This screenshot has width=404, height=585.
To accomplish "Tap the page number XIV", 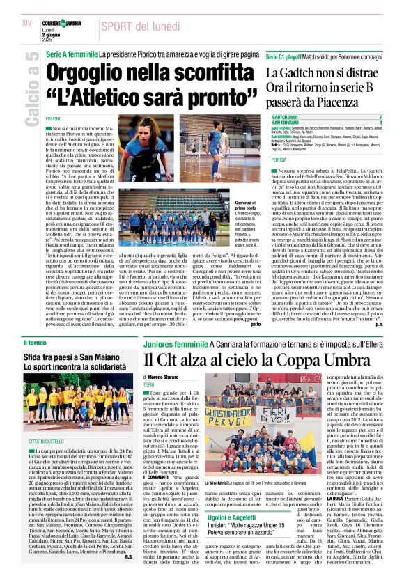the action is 27,23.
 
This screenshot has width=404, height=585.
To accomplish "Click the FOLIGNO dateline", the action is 54,119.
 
